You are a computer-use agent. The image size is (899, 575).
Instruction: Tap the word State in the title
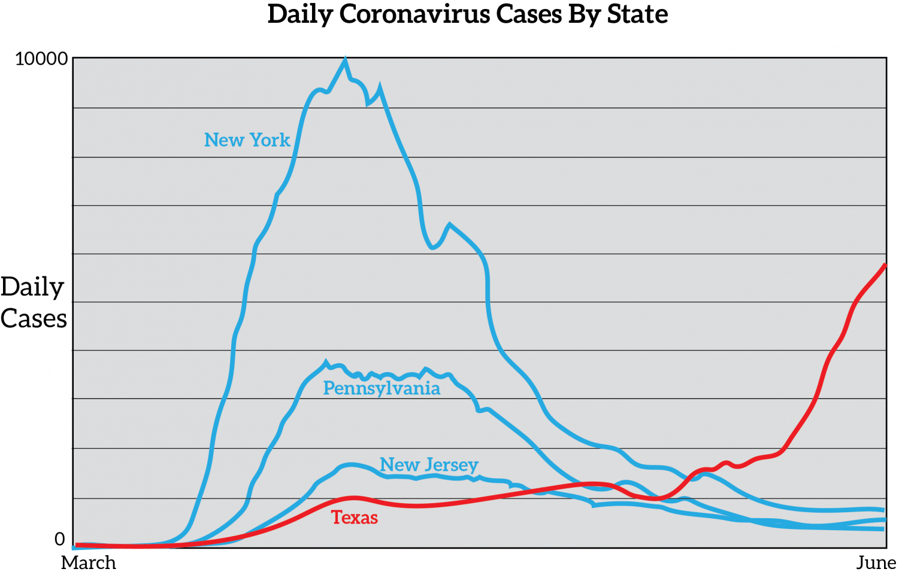pyautogui.click(x=637, y=14)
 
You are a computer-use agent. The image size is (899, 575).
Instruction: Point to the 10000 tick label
pyautogui.click(x=41, y=59)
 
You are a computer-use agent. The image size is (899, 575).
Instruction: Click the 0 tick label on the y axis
pyautogui.click(x=59, y=539)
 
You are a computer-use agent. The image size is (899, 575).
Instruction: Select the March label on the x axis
pyautogui.click(x=89, y=563)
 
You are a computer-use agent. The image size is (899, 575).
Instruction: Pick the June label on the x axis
pyautogui.click(x=876, y=563)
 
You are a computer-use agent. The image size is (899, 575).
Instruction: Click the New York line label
pyautogui.click(x=247, y=140)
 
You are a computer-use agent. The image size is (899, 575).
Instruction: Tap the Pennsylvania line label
pyautogui.click(x=382, y=389)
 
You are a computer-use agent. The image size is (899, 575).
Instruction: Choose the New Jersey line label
pyautogui.click(x=429, y=465)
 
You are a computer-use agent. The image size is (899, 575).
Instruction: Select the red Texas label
pyautogui.click(x=355, y=518)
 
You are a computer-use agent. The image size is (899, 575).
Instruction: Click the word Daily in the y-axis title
pyautogui.click(x=32, y=288)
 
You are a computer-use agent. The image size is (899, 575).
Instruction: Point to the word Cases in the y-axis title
pyautogui.click(x=34, y=319)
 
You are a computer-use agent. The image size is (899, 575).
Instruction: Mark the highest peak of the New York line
pyautogui.click(x=345, y=59)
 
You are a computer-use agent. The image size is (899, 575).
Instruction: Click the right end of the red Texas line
pyautogui.click(x=885, y=265)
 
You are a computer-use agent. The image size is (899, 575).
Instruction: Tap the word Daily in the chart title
pyautogui.click(x=299, y=14)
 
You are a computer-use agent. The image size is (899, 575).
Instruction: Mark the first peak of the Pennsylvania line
pyautogui.click(x=326, y=362)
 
